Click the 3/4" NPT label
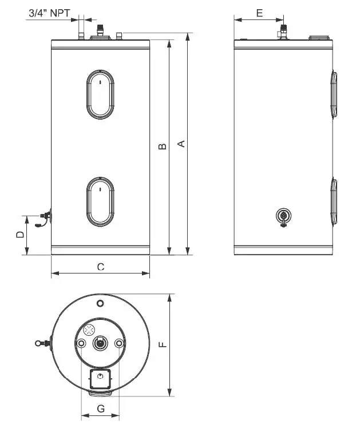pos(49,11)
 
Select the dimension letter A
pos(181,144)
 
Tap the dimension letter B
pos(163,147)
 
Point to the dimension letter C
pos(100,267)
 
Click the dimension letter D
pos(19,235)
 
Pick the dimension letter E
pos(259,12)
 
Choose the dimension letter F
pos(163,344)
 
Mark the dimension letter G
pos(100,409)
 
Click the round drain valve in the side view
pos(283,216)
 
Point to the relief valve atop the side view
pos(283,30)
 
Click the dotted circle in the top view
pos(89,331)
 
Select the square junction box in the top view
pos(100,378)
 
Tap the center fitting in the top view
pos(100,343)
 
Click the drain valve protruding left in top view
pos(41,343)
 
